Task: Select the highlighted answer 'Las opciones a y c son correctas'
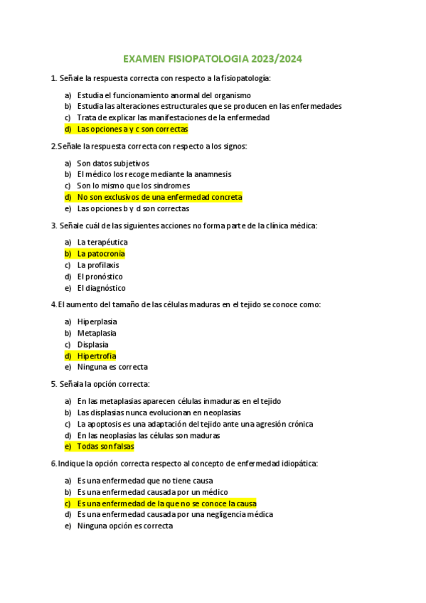click(x=132, y=129)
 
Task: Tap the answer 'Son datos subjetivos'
click(x=113, y=163)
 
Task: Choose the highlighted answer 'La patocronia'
click(x=101, y=253)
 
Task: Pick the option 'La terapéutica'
click(x=102, y=242)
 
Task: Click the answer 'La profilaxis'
click(x=98, y=265)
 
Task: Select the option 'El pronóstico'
click(x=100, y=276)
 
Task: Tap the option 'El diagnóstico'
click(x=101, y=288)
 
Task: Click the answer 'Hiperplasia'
click(x=97, y=321)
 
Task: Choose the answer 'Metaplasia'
click(x=97, y=333)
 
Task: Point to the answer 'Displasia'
click(x=93, y=344)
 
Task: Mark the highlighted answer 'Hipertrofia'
click(x=97, y=356)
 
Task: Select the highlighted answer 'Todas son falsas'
click(x=105, y=447)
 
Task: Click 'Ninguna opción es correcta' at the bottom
click(x=125, y=526)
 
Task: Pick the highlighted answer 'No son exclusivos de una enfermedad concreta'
click(x=159, y=197)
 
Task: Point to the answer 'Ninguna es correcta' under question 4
click(x=112, y=367)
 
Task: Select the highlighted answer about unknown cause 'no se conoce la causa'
click(x=166, y=503)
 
